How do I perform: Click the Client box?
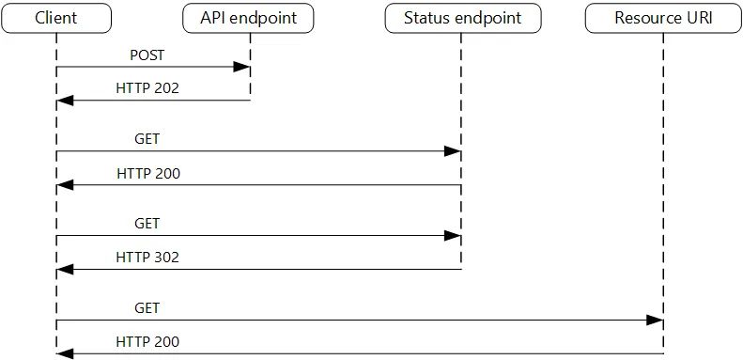click(56, 17)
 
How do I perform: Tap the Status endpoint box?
click(460, 17)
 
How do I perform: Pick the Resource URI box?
click(664, 17)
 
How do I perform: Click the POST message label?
click(147, 55)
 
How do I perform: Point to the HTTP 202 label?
click(147, 88)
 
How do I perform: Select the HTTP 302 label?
click(147, 257)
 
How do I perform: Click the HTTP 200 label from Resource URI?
click(147, 342)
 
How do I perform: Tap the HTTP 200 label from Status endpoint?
click(147, 174)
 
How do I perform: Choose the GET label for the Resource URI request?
click(147, 307)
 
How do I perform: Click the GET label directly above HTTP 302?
click(147, 224)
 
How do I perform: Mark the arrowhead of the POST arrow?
click(242, 67)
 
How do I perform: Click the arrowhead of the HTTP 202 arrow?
click(65, 101)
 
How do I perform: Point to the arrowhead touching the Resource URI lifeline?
click(656, 321)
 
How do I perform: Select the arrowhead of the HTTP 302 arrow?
click(65, 269)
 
